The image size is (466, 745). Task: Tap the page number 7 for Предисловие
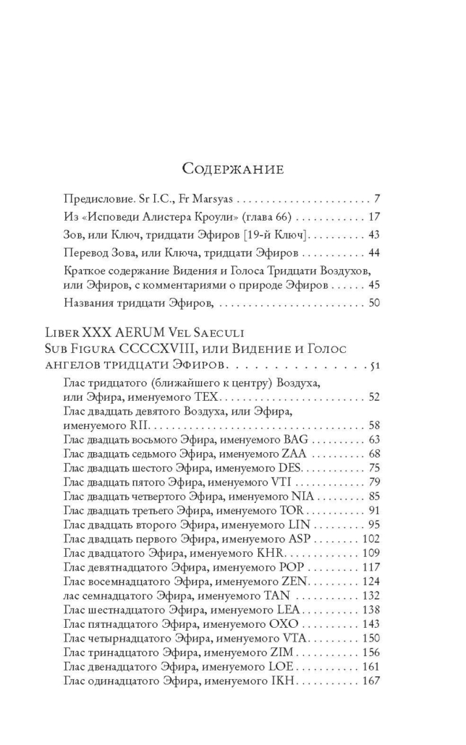pyautogui.click(x=377, y=218)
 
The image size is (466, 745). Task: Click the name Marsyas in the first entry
pyautogui.click(x=211, y=218)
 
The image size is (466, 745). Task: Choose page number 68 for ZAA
pyautogui.click(x=374, y=454)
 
